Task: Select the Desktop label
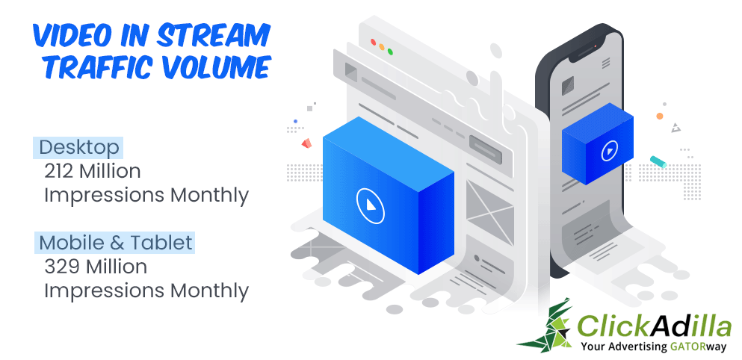(x=78, y=148)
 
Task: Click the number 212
(x=60, y=171)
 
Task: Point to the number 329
(x=61, y=267)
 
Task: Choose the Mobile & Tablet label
(x=116, y=243)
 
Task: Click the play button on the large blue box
(x=371, y=205)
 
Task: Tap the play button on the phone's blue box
(x=609, y=152)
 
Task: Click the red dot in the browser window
(x=373, y=42)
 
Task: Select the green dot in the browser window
(x=390, y=51)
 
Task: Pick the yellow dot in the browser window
(x=381, y=46)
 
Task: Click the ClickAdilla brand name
(x=655, y=326)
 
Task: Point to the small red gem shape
(x=307, y=143)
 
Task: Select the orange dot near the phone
(x=660, y=116)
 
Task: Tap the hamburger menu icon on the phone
(x=606, y=63)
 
